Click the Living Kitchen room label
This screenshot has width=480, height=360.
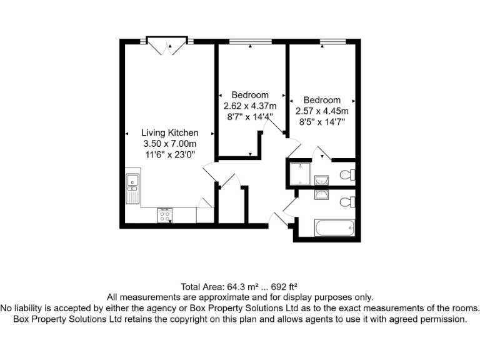point(169,132)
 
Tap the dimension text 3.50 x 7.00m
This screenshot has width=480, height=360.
point(169,144)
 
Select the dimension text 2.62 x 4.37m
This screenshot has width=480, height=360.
point(250,106)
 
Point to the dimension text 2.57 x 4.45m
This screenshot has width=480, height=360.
point(322,111)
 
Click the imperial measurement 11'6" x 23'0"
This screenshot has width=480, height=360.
point(169,155)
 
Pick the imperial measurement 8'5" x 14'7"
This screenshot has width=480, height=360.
point(322,122)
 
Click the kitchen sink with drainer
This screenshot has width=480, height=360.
point(132,188)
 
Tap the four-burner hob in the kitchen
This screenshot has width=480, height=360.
point(166,216)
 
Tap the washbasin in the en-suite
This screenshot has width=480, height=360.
point(322,180)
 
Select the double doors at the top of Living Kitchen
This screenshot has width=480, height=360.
point(166,46)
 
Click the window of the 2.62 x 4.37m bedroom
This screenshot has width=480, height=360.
point(250,42)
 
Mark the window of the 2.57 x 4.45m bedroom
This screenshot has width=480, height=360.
point(332,42)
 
